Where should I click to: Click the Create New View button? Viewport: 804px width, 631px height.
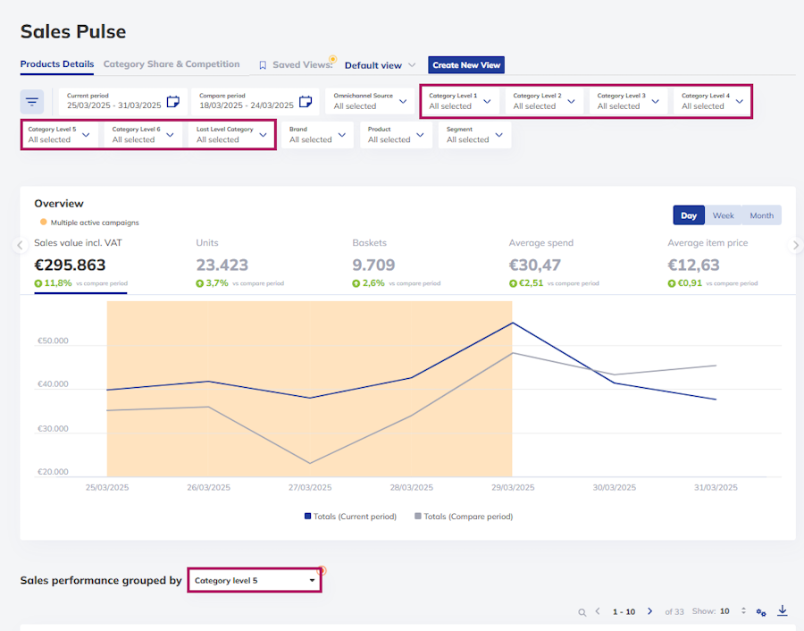pyautogui.click(x=466, y=65)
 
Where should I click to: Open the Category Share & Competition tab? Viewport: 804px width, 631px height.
pyautogui.click(x=172, y=64)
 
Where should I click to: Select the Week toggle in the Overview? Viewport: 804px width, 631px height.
pyautogui.click(x=723, y=215)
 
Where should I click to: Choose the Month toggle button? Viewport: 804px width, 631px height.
pyautogui.click(x=761, y=215)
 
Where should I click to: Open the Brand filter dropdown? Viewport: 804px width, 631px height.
pyautogui.click(x=317, y=135)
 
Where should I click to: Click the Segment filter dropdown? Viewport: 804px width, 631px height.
pyautogui.click(x=475, y=135)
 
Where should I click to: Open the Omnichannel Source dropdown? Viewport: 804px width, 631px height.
pyautogui.click(x=370, y=102)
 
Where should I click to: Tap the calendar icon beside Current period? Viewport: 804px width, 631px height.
pyautogui.click(x=173, y=102)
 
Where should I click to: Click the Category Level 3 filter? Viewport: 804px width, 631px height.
pyautogui.click(x=628, y=102)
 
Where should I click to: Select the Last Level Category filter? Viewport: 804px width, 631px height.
pyautogui.click(x=231, y=135)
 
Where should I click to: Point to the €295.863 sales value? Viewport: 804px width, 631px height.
pyautogui.click(x=70, y=265)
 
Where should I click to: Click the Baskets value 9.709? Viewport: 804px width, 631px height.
pyautogui.click(x=373, y=265)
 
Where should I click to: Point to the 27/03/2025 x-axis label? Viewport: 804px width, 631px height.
pyautogui.click(x=310, y=487)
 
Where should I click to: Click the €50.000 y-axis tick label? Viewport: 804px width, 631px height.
pyautogui.click(x=53, y=341)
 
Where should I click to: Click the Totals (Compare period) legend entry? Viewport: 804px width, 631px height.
pyautogui.click(x=464, y=517)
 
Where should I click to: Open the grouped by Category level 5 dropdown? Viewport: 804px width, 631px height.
pyautogui.click(x=255, y=580)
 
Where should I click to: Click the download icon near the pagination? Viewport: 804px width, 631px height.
pyautogui.click(x=782, y=610)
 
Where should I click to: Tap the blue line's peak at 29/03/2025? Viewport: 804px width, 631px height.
pyautogui.click(x=512, y=323)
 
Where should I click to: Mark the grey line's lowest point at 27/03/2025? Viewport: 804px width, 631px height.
pyautogui.click(x=310, y=463)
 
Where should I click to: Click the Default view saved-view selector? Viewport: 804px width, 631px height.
pyautogui.click(x=380, y=65)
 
